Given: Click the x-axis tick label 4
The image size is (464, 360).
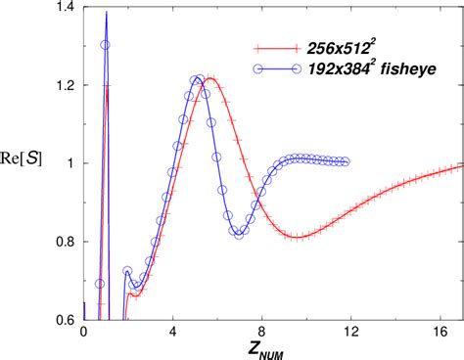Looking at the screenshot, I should [173, 333].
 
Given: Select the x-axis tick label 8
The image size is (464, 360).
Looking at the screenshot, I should [261, 333].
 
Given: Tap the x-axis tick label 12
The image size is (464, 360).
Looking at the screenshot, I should [349, 333].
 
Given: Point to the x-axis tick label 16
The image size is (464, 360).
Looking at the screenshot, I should [439, 333].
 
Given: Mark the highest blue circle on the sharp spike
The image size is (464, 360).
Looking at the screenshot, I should [106, 45].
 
